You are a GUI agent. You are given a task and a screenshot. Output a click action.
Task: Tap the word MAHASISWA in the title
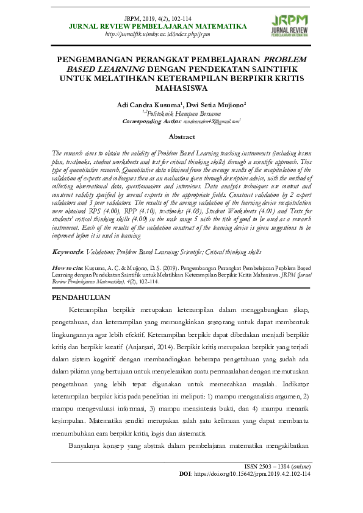(x=181, y=88)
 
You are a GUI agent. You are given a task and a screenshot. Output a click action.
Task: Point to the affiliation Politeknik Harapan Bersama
(x=182, y=113)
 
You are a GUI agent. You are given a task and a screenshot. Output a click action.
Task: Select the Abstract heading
(x=181, y=137)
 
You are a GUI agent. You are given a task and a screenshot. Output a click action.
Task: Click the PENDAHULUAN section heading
(x=81, y=297)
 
